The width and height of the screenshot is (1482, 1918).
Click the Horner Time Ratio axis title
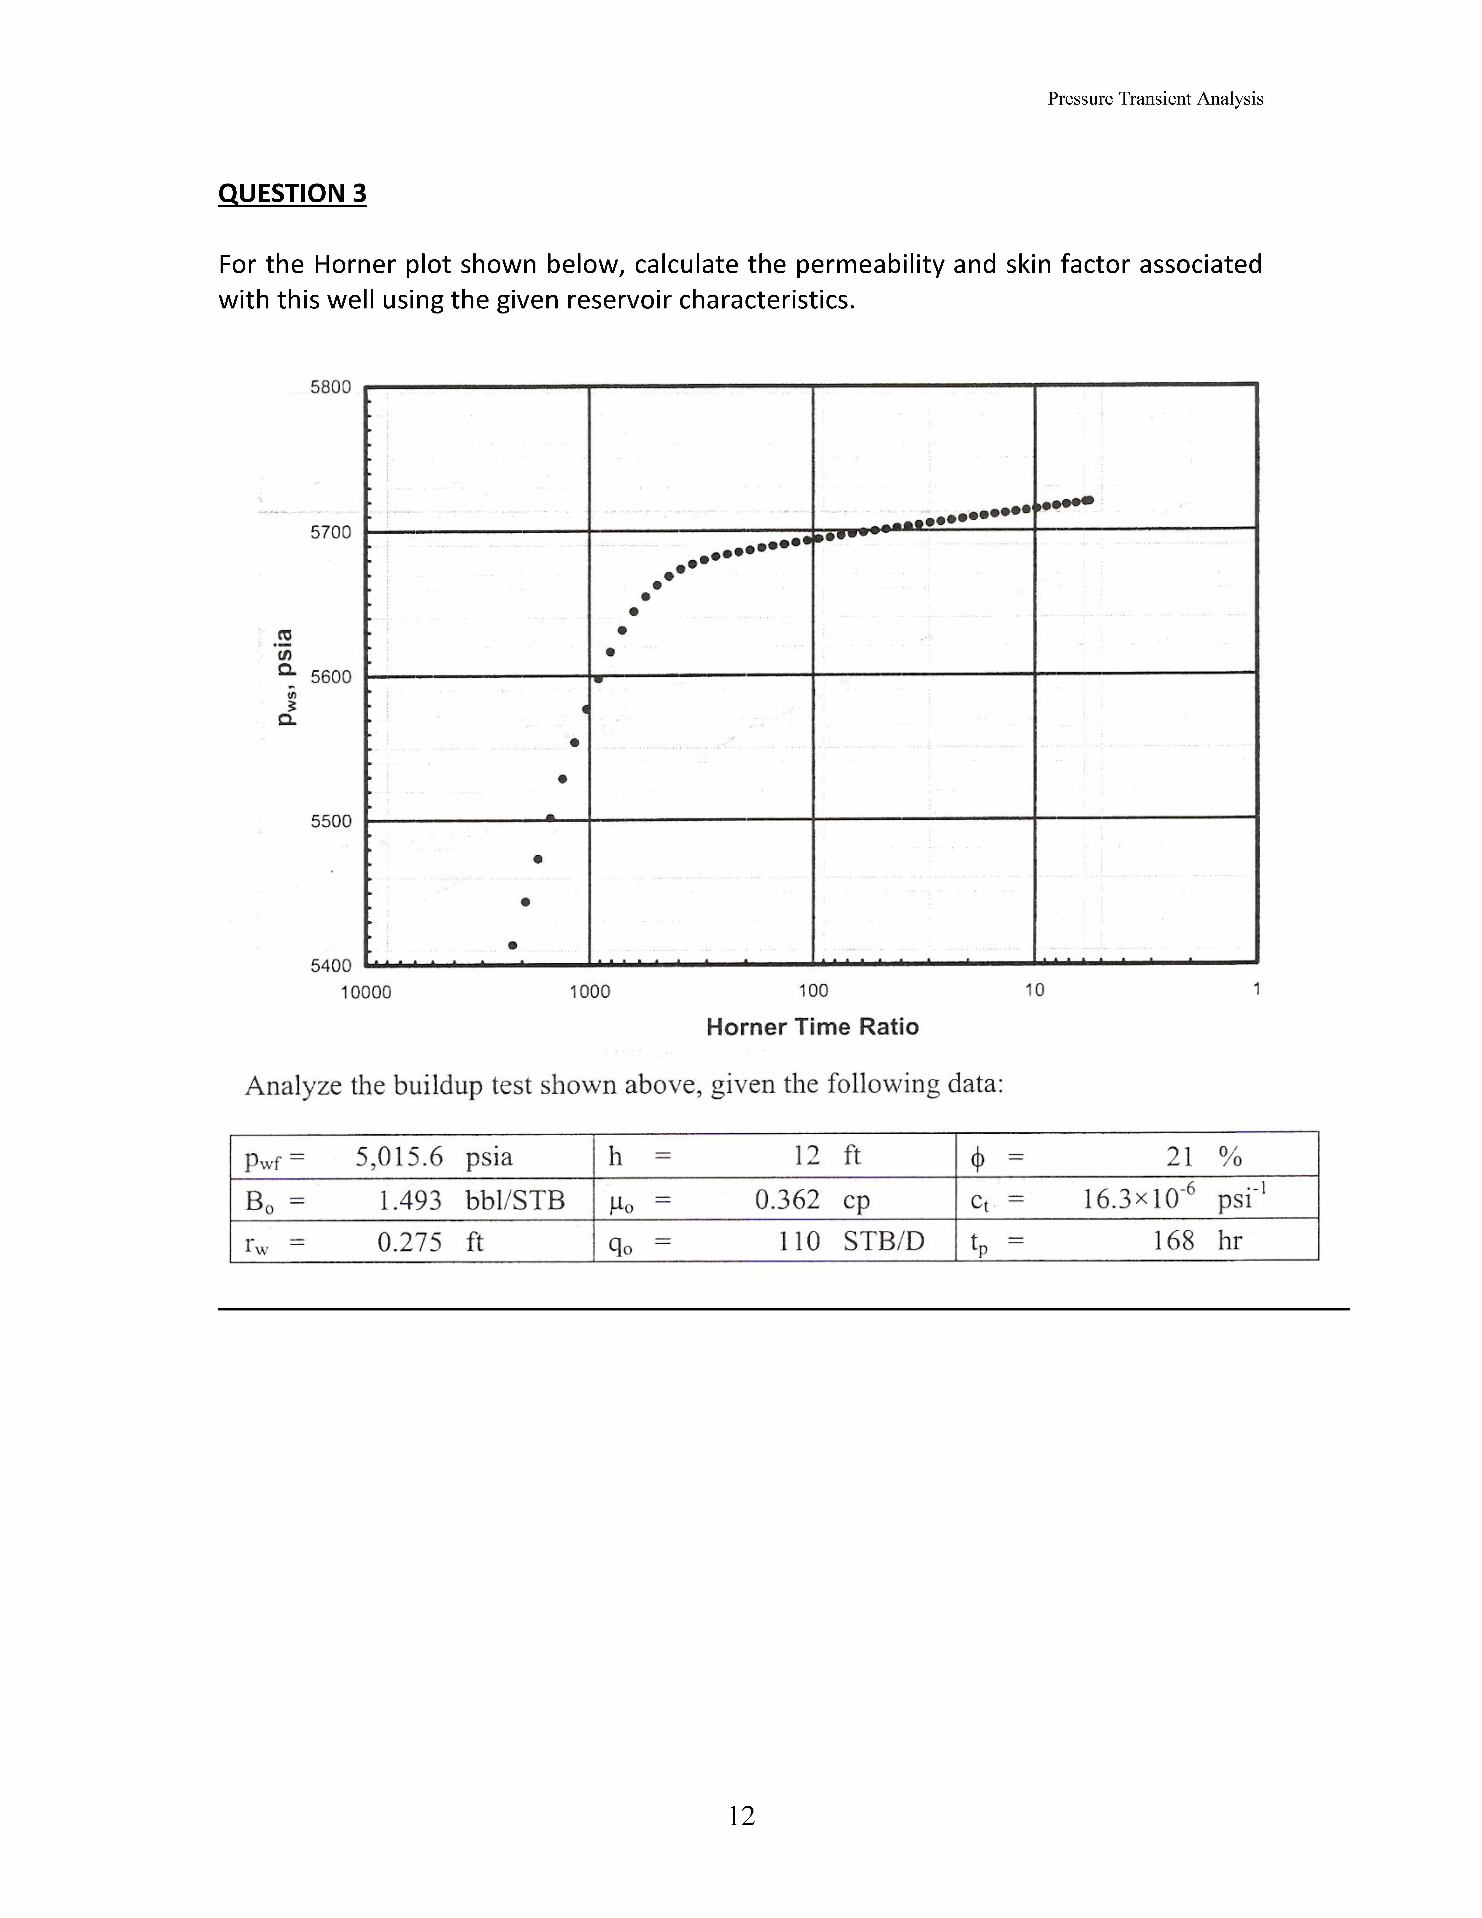point(812,1027)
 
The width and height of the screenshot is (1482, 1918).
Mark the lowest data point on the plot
point(513,945)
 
